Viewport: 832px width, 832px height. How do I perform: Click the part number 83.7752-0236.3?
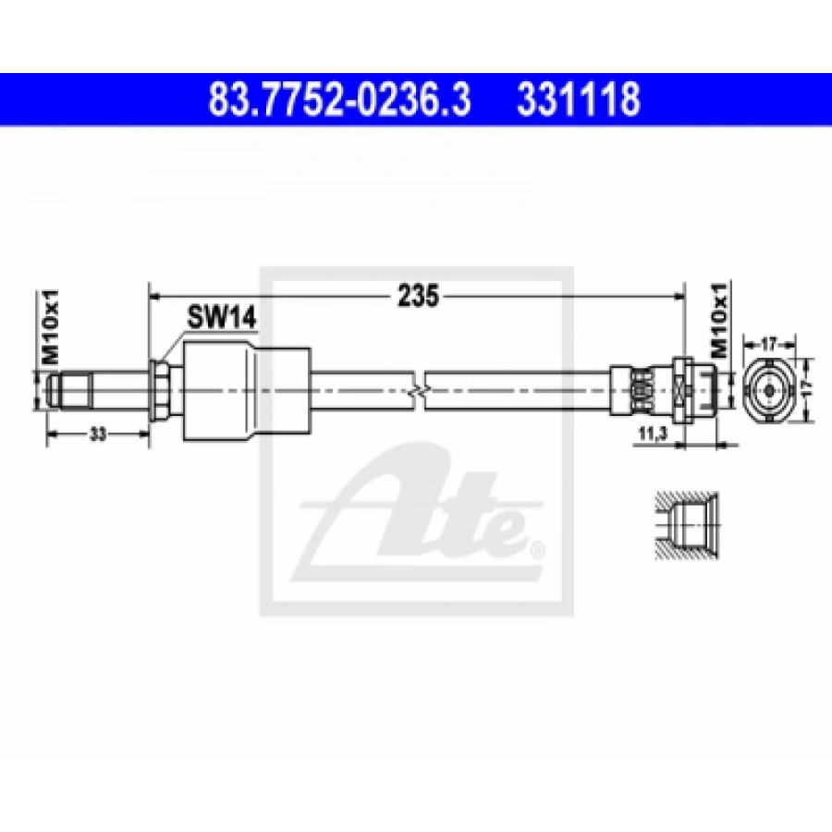click(339, 99)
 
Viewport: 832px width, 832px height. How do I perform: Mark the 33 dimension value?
click(96, 434)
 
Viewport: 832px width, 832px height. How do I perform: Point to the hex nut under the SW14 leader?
click(161, 390)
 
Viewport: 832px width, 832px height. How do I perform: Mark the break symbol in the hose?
click(418, 392)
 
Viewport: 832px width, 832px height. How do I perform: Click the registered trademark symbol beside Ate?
click(538, 553)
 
